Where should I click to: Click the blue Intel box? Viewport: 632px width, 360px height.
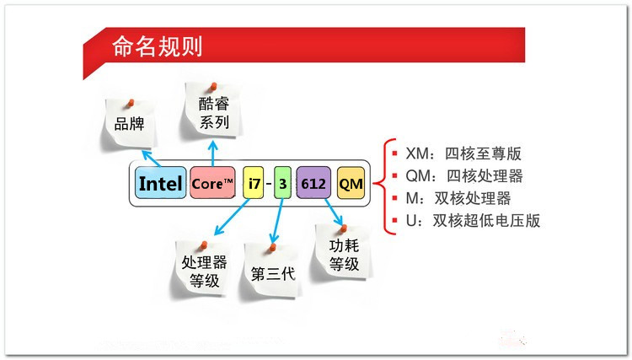pyautogui.click(x=160, y=183)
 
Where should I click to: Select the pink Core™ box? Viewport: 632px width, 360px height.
pyautogui.click(x=212, y=183)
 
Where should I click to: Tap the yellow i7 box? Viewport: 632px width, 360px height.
pyautogui.click(x=254, y=183)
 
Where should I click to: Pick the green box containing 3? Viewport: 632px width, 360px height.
pyautogui.click(x=282, y=183)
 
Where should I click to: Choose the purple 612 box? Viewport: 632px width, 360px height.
pyautogui.click(x=313, y=183)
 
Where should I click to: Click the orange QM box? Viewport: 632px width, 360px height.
pyautogui.click(x=351, y=183)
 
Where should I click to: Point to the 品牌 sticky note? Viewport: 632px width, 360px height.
pyautogui.click(x=129, y=123)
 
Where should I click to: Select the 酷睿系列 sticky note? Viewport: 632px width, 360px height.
pyautogui.click(x=213, y=110)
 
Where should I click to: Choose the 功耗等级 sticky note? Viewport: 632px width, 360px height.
pyautogui.click(x=344, y=253)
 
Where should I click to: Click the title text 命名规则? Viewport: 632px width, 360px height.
pyautogui.click(x=157, y=46)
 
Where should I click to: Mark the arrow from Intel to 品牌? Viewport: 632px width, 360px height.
pyautogui.click(x=152, y=159)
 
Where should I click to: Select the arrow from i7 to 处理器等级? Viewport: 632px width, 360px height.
pyautogui.click(x=232, y=217)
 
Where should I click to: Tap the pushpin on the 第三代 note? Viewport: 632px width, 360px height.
pyautogui.click(x=273, y=248)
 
